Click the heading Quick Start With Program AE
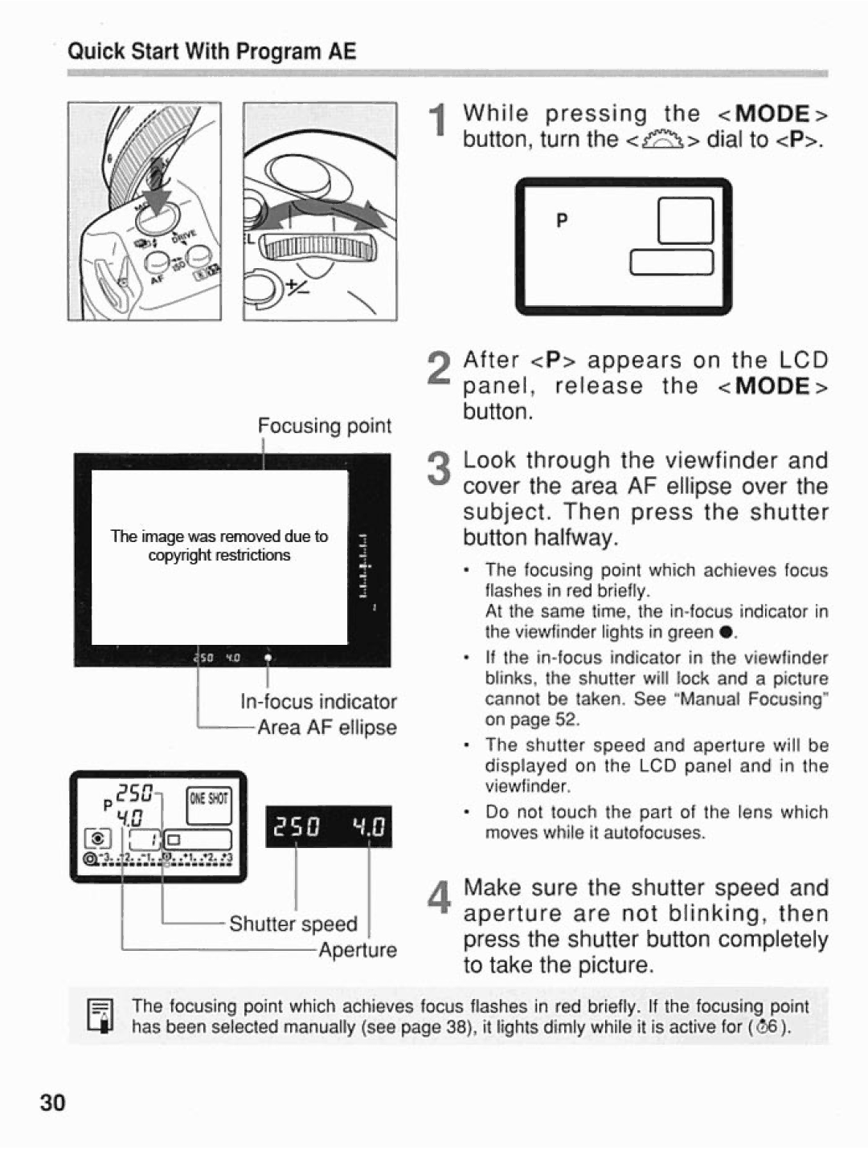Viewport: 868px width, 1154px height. (x=211, y=52)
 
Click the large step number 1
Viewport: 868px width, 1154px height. (x=438, y=126)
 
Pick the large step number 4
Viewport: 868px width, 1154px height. (x=438, y=898)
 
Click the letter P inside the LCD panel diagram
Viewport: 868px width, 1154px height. (x=562, y=221)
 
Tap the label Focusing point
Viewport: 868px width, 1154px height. (x=325, y=426)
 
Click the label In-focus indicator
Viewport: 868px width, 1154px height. (x=318, y=702)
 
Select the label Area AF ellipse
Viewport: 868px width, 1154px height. (x=326, y=728)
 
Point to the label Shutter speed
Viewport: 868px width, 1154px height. (x=293, y=924)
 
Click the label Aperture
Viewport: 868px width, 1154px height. (x=357, y=950)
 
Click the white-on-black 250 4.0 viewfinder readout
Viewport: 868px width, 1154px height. (x=328, y=826)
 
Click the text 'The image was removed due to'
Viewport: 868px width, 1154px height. (x=219, y=536)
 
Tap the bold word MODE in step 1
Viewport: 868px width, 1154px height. (x=773, y=113)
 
